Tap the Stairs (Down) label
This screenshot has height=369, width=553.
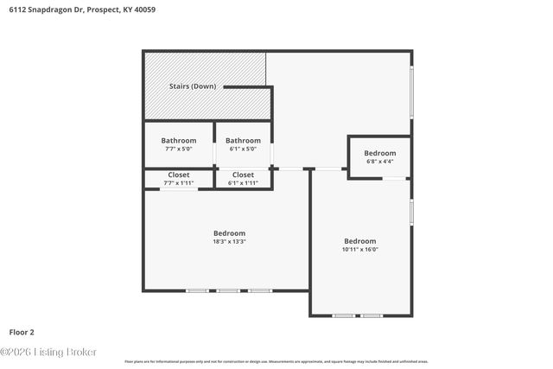[x=192, y=86]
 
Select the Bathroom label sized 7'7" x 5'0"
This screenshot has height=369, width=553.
[x=178, y=141]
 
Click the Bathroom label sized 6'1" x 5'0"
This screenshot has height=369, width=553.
[x=243, y=141]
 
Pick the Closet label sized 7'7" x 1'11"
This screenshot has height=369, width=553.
[x=178, y=175]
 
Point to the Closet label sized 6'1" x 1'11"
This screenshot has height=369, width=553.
[x=243, y=175]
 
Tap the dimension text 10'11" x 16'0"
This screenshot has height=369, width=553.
[x=359, y=250]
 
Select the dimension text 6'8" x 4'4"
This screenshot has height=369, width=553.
[x=379, y=162]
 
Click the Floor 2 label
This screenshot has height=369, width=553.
[x=22, y=332]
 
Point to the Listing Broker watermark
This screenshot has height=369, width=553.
[x=49, y=352]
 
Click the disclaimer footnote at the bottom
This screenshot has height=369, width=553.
[x=276, y=361]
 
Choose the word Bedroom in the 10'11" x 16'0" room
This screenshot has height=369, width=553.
[x=359, y=241]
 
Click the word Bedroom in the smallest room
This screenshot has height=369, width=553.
[x=379, y=153]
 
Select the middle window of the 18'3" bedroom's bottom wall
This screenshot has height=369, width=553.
[x=228, y=291]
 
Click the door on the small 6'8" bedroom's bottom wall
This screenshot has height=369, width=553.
[x=394, y=179]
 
